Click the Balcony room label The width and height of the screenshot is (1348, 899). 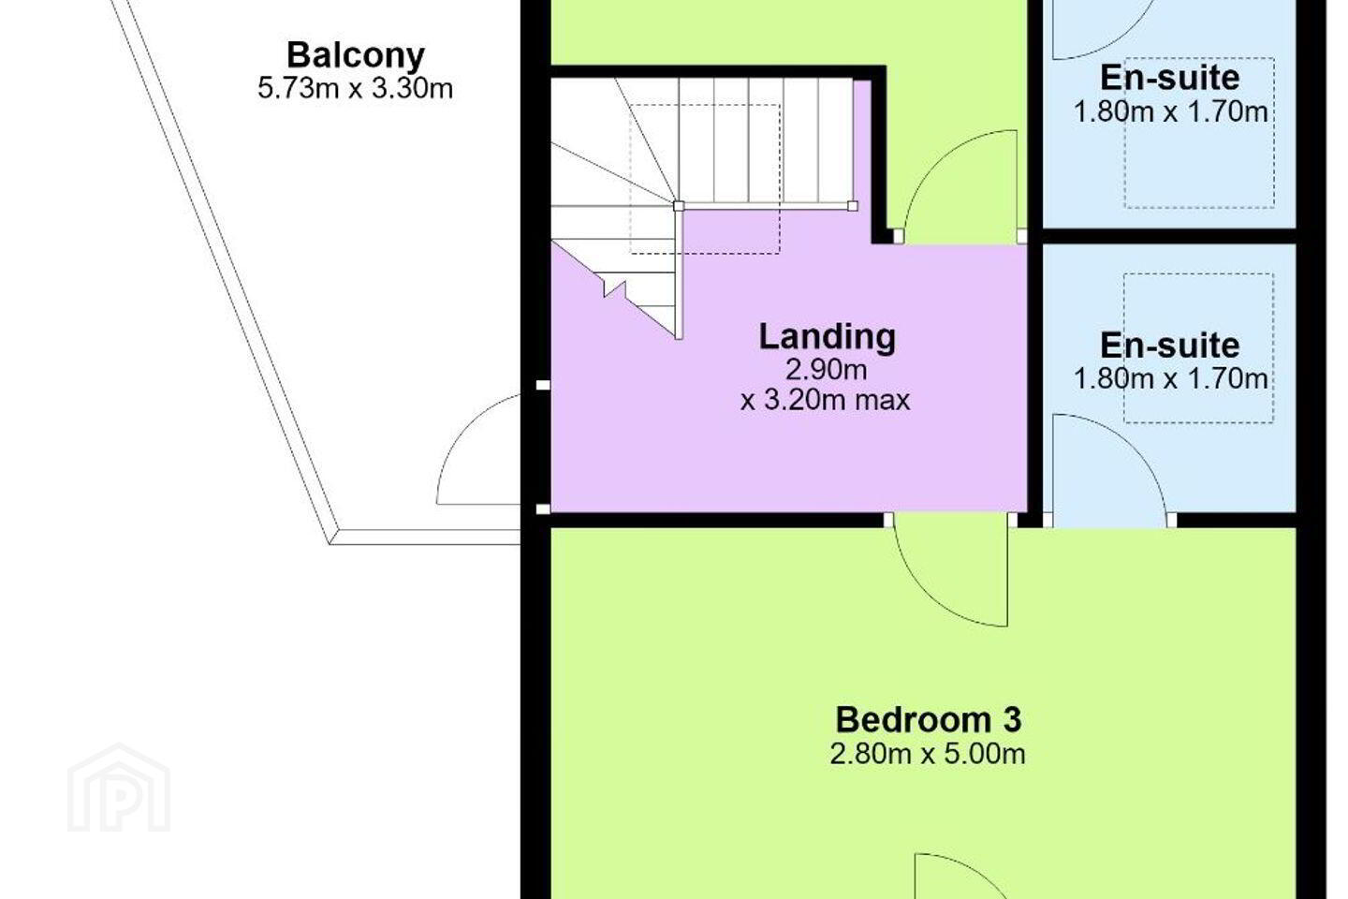(356, 56)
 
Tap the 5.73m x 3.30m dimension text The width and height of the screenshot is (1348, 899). (355, 89)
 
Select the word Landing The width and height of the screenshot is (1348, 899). (827, 337)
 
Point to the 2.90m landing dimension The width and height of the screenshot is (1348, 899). (827, 370)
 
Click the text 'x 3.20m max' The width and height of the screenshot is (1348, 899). (825, 401)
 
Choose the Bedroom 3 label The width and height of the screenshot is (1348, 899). (928, 719)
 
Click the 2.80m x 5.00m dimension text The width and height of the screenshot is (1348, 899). (928, 754)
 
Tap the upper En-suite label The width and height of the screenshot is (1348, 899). (1170, 78)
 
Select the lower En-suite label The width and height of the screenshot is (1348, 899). (1170, 346)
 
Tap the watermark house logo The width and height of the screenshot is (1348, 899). (119, 788)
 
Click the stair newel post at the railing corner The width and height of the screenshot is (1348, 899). (679, 206)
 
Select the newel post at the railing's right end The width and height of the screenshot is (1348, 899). (853, 206)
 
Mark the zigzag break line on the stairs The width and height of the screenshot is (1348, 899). (614, 288)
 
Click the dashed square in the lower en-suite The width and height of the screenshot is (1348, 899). (1199, 348)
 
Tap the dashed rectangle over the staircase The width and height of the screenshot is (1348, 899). (705, 179)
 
